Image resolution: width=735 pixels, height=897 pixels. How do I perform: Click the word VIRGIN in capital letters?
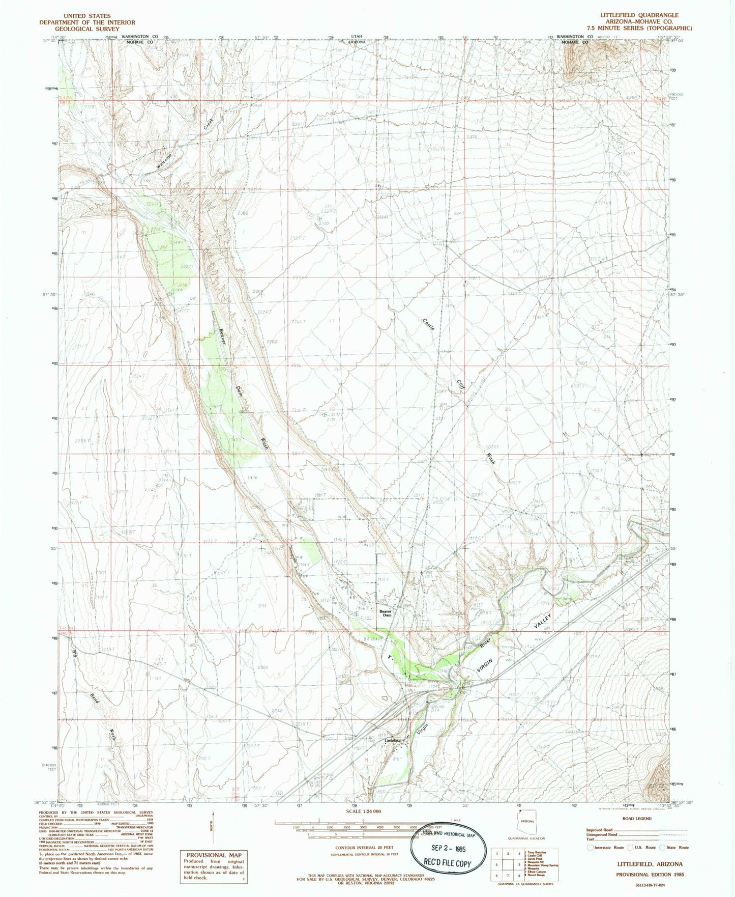[486, 663]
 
